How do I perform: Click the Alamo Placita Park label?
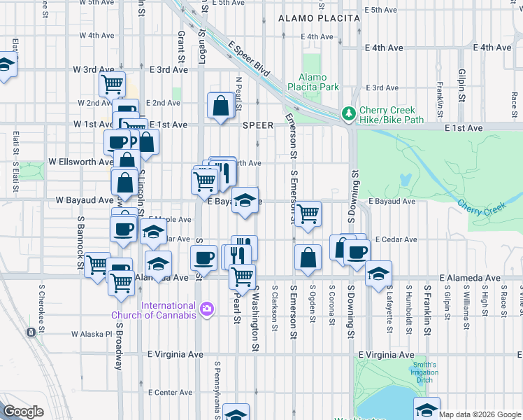coord(318,82)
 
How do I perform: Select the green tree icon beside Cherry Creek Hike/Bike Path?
coord(348,113)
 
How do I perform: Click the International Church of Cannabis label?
coord(169,310)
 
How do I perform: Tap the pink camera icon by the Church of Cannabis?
coord(206,309)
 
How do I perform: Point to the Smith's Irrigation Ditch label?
coord(424,372)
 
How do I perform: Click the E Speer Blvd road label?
coord(248,59)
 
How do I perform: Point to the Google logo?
coord(23,412)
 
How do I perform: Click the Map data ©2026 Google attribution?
coord(480,414)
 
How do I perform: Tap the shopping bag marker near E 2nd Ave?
coord(220,106)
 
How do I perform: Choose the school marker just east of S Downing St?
coord(378,274)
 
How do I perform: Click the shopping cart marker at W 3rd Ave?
coord(112,84)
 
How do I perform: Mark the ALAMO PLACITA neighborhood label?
coord(319,17)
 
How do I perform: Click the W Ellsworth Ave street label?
coord(80,162)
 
